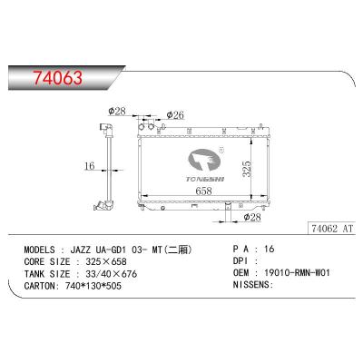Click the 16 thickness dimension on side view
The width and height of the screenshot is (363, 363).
coord(87,166)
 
